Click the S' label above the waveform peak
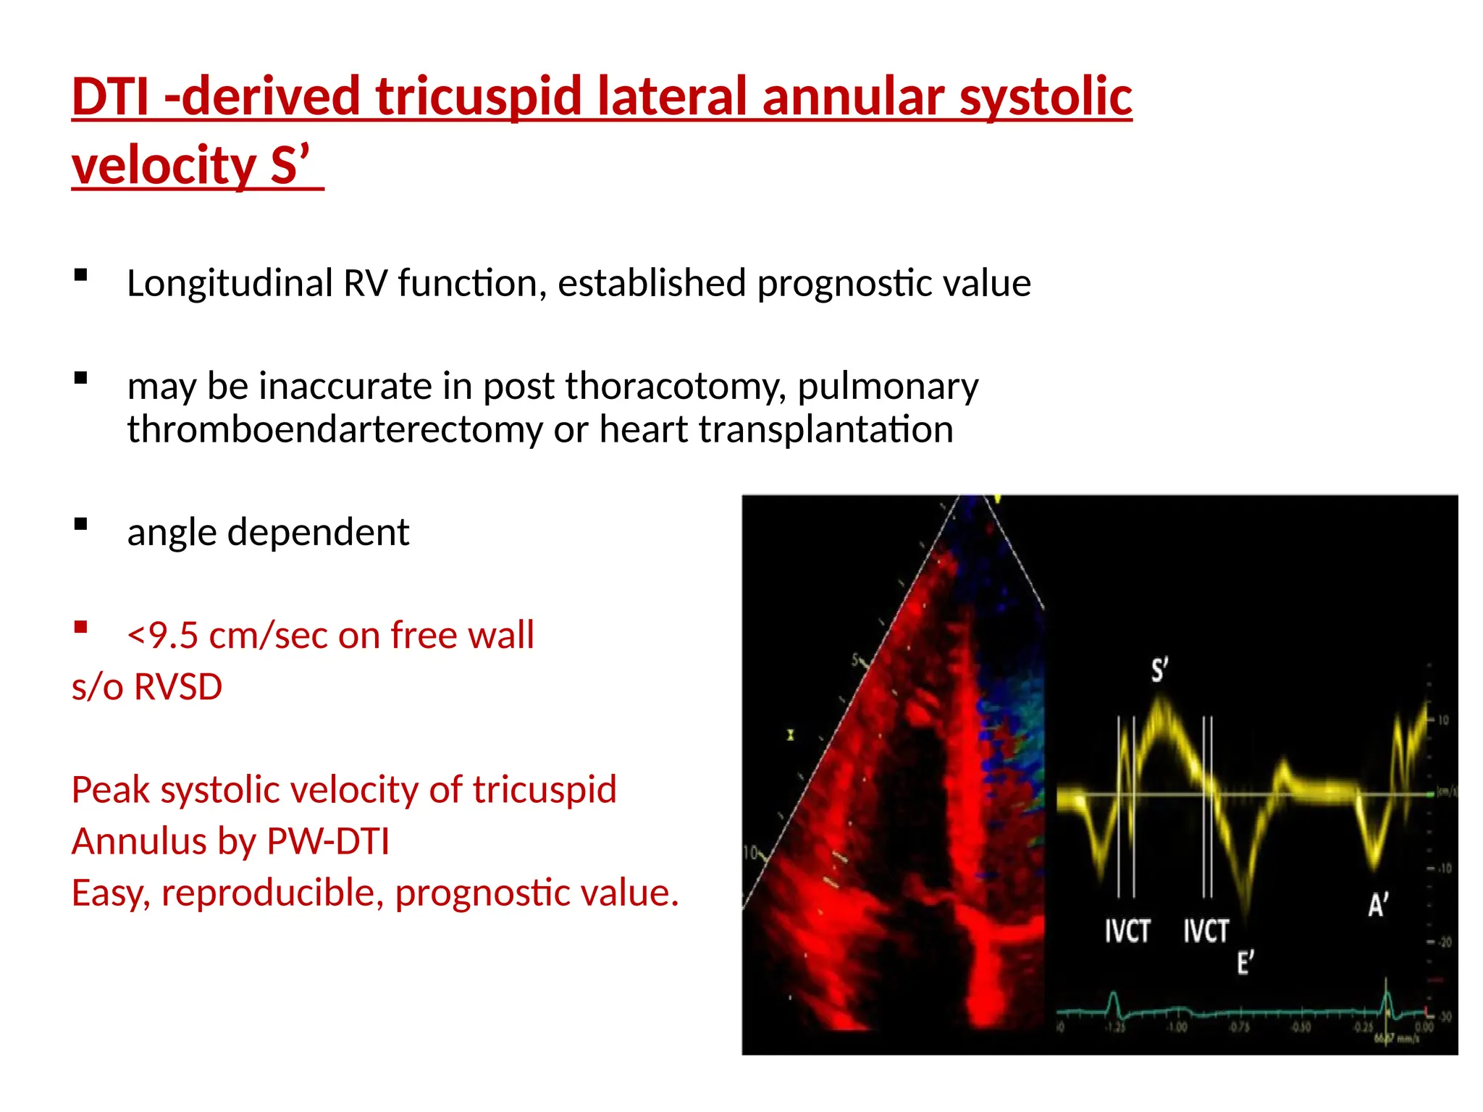tap(1159, 670)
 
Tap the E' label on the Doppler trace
tap(1245, 963)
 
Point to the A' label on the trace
tap(1378, 904)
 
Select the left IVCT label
tap(1127, 931)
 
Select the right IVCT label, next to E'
tap(1206, 931)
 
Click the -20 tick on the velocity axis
tap(1443, 942)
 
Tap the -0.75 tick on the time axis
tap(1239, 1027)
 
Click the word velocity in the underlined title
tap(164, 165)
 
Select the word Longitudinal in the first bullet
tap(229, 283)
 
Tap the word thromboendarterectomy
tap(335, 429)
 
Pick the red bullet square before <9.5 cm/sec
tap(80, 627)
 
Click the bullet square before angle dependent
tap(80, 524)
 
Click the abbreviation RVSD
tap(178, 686)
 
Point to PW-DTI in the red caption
tap(328, 841)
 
